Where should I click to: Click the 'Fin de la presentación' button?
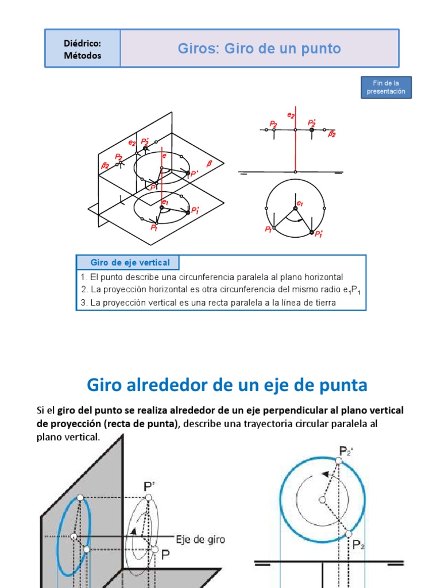click(386, 87)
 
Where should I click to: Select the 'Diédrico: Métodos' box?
click(83, 49)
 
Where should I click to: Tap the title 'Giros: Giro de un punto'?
click(259, 49)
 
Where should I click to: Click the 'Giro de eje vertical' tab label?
click(130, 262)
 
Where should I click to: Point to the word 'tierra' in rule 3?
click(323, 302)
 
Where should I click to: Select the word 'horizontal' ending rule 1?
click(323, 277)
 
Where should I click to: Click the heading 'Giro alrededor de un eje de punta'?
click(227, 385)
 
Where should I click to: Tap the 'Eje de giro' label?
click(201, 539)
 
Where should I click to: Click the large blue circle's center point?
click(322, 500)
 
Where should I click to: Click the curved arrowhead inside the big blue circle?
click(326, 474)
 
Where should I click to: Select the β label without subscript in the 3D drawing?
click(209, 163)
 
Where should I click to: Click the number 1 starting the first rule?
click(83, 277)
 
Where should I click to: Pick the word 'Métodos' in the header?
click(83, 56)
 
